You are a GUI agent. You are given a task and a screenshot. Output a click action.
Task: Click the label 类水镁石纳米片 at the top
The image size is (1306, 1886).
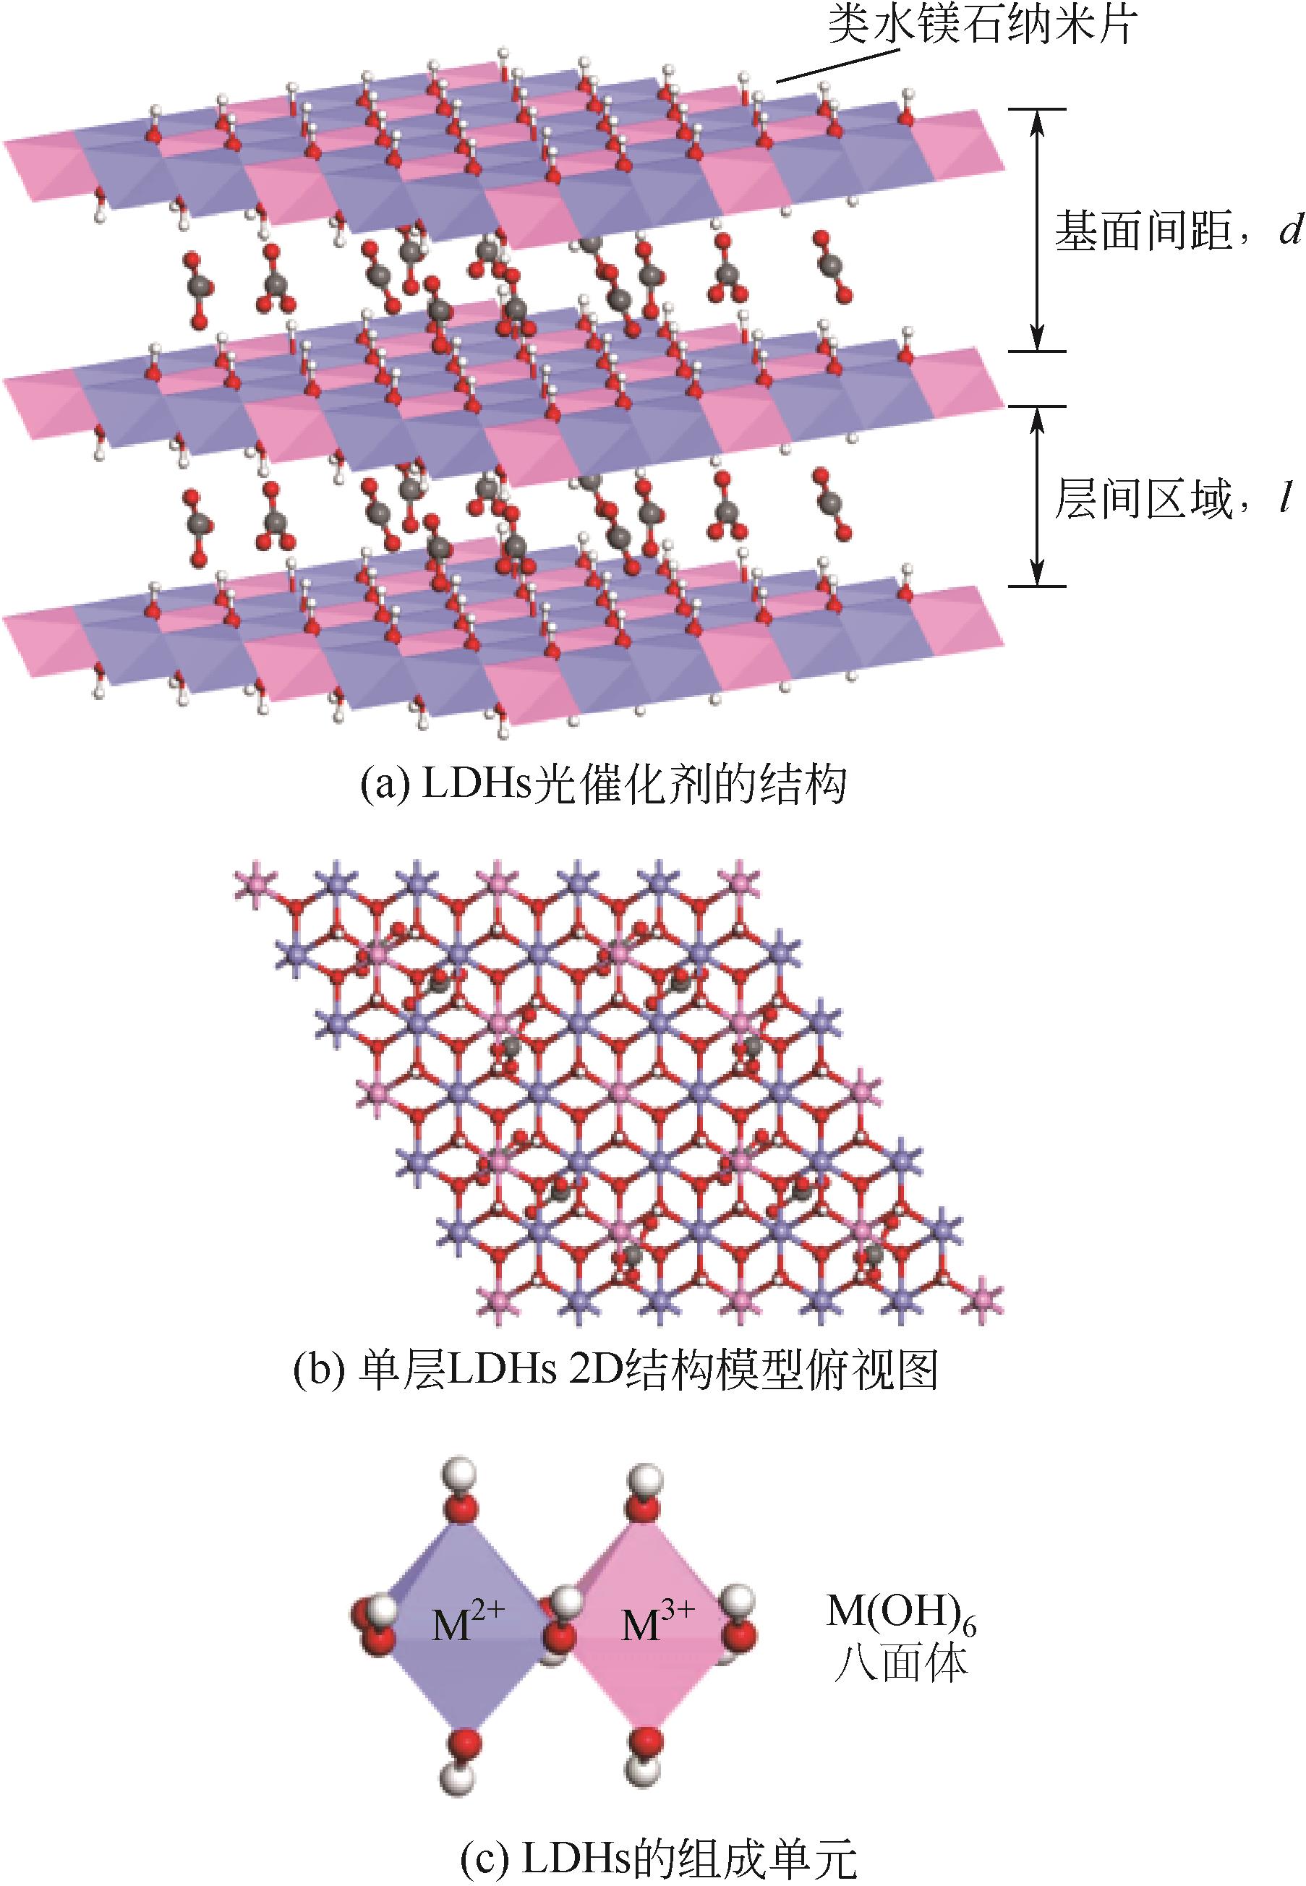(981, 26)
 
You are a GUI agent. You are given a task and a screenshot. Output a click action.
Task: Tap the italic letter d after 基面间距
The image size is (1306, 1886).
(1289, 231)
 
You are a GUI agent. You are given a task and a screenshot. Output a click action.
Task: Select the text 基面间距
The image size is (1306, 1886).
(1143, 231)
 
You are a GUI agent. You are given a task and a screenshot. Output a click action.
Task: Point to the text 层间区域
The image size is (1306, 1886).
(1143, 498)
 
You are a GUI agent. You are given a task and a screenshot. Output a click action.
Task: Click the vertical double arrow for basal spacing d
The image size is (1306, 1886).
(1037, 230)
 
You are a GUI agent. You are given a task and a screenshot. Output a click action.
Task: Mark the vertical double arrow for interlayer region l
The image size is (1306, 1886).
(1037, 497)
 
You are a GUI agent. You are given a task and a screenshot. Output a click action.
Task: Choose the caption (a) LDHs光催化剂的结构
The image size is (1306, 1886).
(604, 786)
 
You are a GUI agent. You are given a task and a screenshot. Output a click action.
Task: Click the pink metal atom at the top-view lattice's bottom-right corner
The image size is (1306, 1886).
(984, 1299)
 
